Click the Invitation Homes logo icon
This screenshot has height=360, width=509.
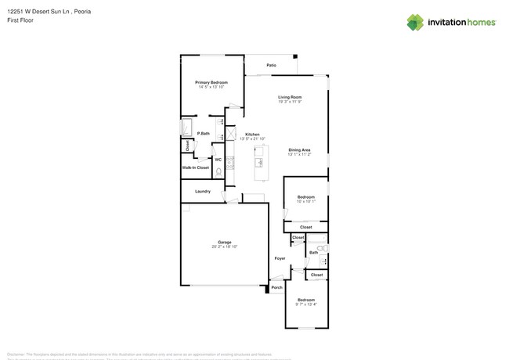(x=415, y=22)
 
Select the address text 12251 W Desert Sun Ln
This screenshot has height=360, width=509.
(x=38, y=12)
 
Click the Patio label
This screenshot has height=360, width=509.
(x=271, y=65)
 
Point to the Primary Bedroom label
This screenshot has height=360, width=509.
(x=211, y=81)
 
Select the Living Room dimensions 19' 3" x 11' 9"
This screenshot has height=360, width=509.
(x=290, y=102)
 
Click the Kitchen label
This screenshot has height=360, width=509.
(x=252, y=134)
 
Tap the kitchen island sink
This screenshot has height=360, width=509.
(x=258, y=162)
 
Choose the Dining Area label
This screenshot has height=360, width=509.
(x=300, y=149)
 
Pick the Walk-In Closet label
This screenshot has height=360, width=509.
(x=196, y=167)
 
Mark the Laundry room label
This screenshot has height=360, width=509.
(x=202, y=191)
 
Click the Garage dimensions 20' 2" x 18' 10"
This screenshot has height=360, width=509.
(x=224, y=247)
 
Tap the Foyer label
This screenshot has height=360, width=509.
(x=280, y=258)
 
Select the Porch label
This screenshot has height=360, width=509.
(x=276, y=288)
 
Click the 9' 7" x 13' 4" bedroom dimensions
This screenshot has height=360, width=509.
(x=305, y=304)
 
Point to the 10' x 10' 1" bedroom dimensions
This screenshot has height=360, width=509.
(x=305, y=201)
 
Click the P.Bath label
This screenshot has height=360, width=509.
(x=203, y=134)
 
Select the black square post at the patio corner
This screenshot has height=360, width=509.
(x=295, y=56)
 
